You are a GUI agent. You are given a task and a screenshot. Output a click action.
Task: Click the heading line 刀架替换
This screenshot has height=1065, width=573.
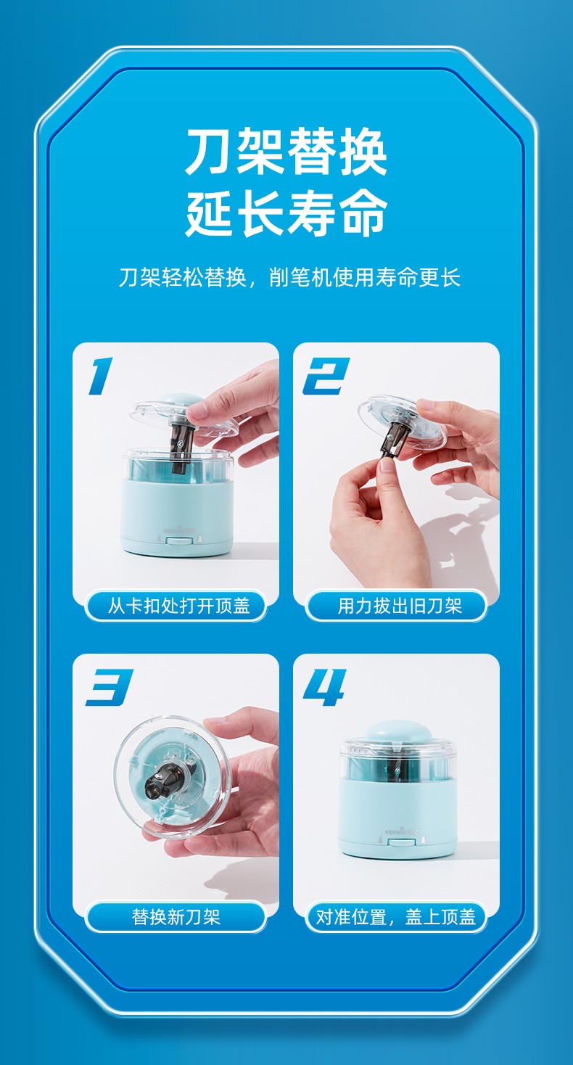click(x=286, y=152)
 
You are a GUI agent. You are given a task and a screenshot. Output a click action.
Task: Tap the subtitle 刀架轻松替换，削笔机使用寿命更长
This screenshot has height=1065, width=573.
click(x=289, y=278)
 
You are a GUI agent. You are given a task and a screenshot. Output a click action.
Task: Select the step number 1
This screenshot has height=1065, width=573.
click(x=101, y=376)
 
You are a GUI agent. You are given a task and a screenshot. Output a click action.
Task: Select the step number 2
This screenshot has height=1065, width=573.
click(x=326, y=376)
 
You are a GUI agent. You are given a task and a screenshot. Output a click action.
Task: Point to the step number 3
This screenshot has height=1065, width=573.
click(x=110, y=687)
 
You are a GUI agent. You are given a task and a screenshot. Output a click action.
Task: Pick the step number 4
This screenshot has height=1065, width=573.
click(x=325, y=687)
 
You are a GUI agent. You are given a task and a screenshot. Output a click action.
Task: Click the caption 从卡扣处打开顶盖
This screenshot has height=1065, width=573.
click(x=179, y=606)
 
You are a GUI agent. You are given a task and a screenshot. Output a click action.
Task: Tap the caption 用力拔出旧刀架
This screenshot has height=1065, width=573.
click(x=400, y=606)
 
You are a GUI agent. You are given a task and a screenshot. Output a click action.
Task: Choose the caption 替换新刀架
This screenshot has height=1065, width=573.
click(x=176, y=917)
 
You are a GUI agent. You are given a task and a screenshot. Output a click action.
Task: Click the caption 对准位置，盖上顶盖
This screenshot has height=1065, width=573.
click(x=395, y=917)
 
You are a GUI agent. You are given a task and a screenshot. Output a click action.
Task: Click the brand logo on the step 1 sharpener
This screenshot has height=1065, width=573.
click(x=178, y=527)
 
